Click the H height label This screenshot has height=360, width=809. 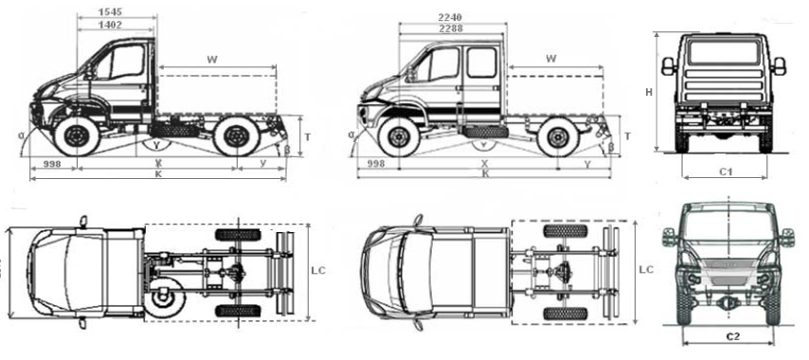pos(649,92)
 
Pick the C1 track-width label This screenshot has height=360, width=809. pos(728,173)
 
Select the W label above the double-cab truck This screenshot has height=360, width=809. pos(551,59)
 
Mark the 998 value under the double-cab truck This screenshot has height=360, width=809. pos(376,164)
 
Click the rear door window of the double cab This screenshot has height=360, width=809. pos(480,63)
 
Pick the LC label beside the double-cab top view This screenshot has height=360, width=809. pos(645,270)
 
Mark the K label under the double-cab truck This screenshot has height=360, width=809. pos(485,174)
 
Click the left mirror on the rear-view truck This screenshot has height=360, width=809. pos(667,65)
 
